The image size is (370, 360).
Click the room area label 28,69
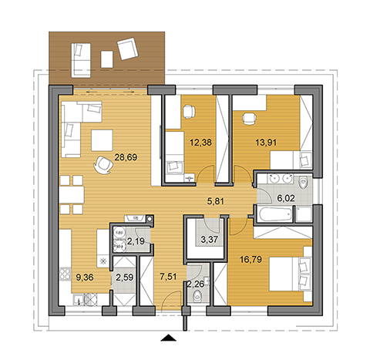point(126,157)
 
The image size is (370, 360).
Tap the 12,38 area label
point(200,142)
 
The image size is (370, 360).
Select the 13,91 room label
point(266,142)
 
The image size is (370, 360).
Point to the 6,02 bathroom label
point(286,198)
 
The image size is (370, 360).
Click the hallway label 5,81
point(216,201)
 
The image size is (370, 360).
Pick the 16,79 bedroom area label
point(251,259)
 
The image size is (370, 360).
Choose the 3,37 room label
point(209,240)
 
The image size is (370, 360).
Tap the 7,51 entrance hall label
point(168,277)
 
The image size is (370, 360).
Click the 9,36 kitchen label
point(85,278)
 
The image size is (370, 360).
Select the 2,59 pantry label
point(125,278)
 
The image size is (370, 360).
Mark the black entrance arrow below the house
point(168,338)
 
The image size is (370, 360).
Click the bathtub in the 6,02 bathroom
point(275,214)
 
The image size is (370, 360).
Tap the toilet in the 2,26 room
point(197,297)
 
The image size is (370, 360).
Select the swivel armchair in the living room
point(103,165)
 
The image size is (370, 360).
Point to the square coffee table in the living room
point(102,140)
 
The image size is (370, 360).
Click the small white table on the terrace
point(107,59)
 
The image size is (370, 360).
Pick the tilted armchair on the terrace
point(128,49)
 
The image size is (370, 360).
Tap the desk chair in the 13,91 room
point(249,119)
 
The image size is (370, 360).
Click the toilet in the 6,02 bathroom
point(304,183)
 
